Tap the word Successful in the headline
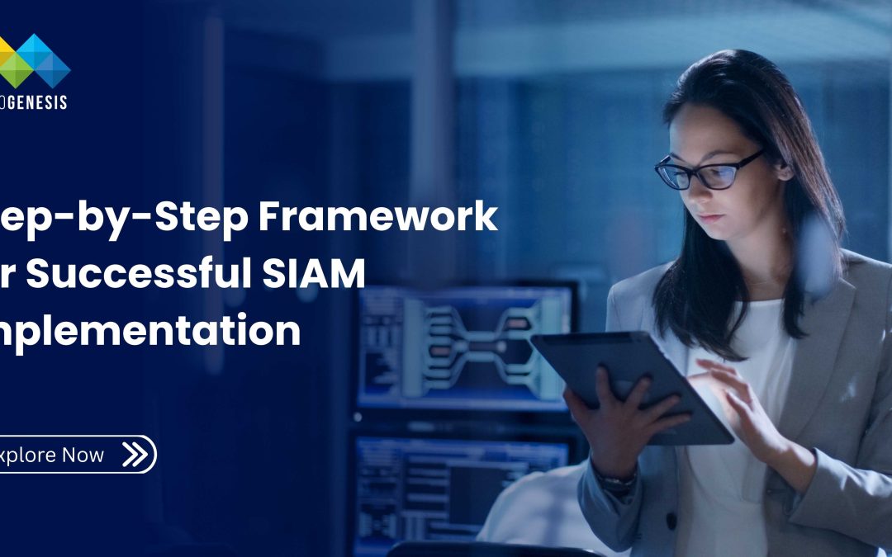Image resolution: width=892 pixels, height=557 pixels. click(x=131, y=274)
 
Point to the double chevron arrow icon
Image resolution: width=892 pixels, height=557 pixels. click(x=134, y=454)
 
